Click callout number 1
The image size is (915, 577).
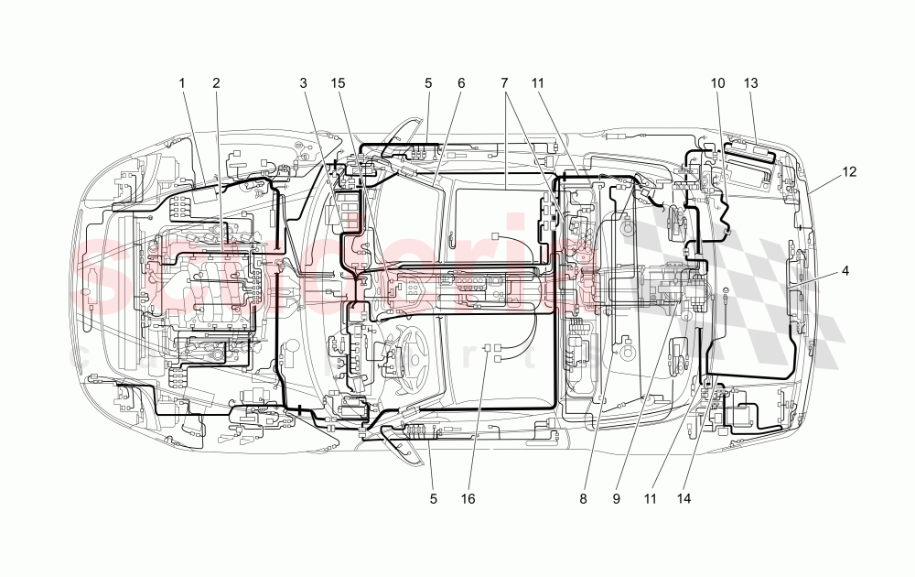(182, 83)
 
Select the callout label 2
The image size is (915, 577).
(217, 83)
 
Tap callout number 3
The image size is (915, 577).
(303, 83)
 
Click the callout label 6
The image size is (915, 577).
(461, 83)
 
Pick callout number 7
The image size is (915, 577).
(504, 83)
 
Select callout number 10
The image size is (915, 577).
(718, 83)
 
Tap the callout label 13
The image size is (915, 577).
(751, 83)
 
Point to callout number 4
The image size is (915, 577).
(845, 270)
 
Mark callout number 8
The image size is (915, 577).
(583, 499)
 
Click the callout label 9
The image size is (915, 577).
(617, 499)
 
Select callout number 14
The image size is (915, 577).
(683, 499)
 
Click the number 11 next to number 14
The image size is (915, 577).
(651, 499)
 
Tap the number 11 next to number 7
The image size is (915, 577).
(537, 83)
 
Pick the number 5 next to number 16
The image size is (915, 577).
(434, 499)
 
